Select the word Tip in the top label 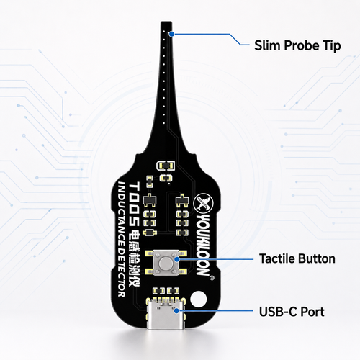click(332, 46)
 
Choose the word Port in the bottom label click(312, 312)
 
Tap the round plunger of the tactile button click(166, 263)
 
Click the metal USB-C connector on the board click(166, 315)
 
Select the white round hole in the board click(199, 299)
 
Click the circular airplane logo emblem click(204, 203)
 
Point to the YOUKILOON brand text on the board click(203, 245)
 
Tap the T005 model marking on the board click(135, 204)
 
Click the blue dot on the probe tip click(171, 34)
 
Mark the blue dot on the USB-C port click(176, 311)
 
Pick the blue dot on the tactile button click(177, 259)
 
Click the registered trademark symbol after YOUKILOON click(212, 278)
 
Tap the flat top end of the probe click(166, 22)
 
